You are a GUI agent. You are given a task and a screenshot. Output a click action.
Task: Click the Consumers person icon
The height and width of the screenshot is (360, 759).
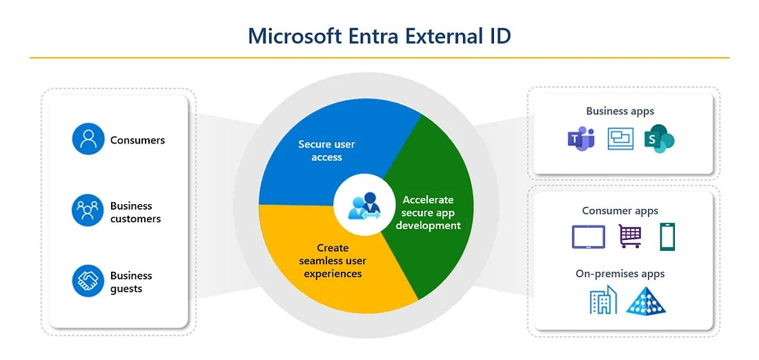[x=88, y=139]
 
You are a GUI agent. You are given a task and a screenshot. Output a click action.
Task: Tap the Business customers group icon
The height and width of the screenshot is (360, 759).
[x=88, y=210]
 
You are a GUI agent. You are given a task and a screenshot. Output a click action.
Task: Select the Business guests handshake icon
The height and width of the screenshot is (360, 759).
[x=88, y=281]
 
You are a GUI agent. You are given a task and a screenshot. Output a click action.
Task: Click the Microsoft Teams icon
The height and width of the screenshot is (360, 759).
[x=580, y=139]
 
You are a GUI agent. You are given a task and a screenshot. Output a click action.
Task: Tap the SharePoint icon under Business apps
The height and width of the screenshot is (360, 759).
[x=658, y=139]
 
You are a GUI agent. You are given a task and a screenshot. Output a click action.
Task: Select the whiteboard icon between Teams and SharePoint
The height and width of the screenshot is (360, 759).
[x=620, y=139]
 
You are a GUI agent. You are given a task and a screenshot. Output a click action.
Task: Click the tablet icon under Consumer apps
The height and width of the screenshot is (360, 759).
[x=588, y=237]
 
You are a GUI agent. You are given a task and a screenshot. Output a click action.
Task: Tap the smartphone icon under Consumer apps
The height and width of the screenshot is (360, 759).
[x=667, y=237]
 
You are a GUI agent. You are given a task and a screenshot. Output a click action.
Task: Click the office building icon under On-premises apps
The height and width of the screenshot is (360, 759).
[x=603, y=301]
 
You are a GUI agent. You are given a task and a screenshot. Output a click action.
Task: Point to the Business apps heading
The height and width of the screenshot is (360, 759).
[x=620, y=110]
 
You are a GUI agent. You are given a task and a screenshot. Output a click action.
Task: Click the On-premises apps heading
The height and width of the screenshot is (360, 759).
[x=620, y=274]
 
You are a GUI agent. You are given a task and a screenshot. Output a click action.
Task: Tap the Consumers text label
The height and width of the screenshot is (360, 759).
[x=137, y=140]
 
